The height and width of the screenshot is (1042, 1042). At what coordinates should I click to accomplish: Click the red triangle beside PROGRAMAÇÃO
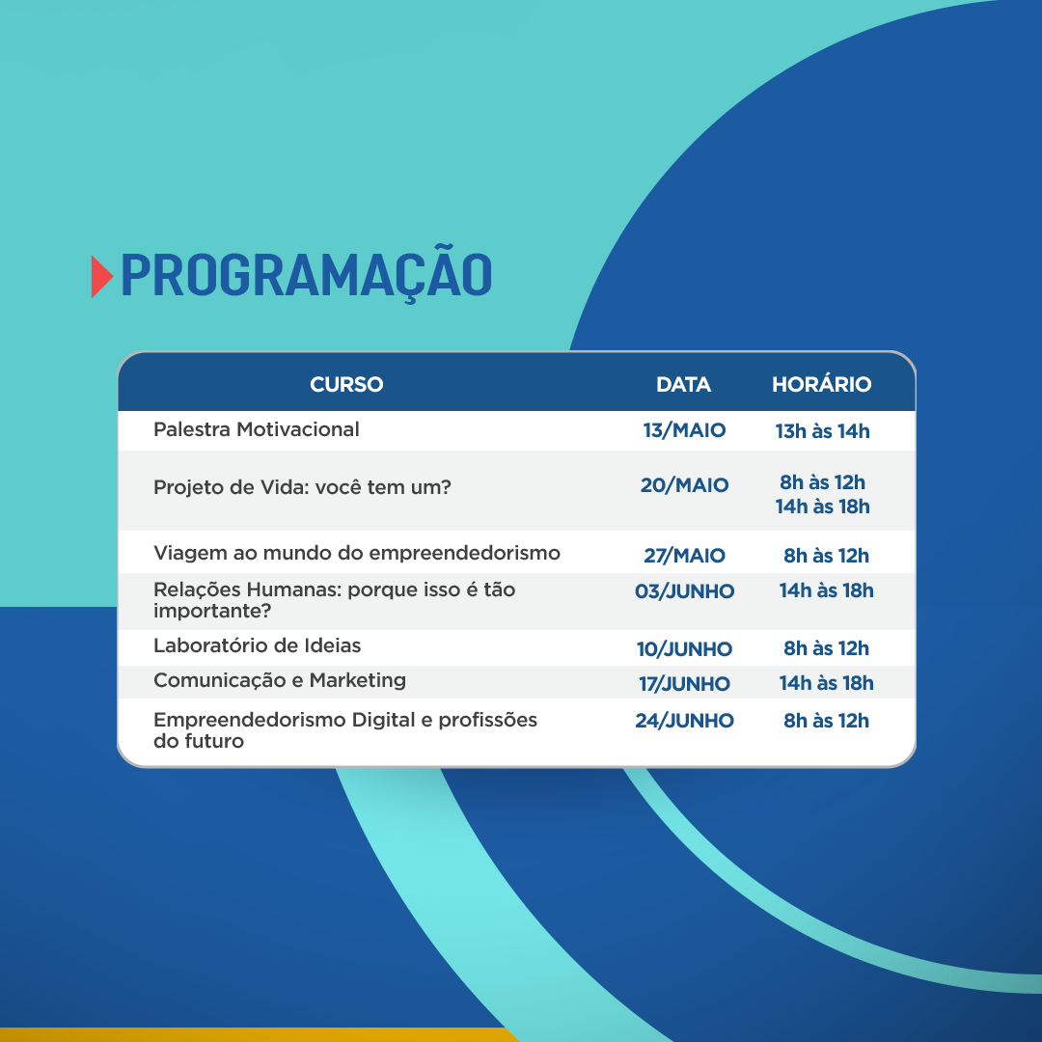(101, 277)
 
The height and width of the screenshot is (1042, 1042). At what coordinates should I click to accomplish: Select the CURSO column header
(346, 384)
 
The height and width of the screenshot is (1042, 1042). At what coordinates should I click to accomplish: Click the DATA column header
(683, 384)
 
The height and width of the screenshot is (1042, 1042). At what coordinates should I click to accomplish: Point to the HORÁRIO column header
(821, 383)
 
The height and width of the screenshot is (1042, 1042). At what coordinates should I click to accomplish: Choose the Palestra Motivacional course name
(256, 429)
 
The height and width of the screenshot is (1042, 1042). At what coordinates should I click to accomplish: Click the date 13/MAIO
(684, 430)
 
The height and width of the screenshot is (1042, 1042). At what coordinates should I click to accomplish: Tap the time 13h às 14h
(822, 430)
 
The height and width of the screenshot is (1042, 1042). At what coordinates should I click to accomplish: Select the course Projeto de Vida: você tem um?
(302, 487)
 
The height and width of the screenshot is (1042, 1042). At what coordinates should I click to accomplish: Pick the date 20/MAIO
(684, 485)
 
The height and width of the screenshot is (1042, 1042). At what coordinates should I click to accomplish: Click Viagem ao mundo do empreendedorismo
(356, 553)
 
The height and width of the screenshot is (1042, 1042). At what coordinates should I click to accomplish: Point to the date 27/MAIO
(684, 555)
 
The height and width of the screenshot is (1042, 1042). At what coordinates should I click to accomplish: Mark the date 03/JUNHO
(684, 590)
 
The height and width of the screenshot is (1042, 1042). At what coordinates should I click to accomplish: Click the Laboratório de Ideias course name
(257, 645)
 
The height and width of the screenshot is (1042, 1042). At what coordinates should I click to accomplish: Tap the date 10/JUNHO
(684, 648)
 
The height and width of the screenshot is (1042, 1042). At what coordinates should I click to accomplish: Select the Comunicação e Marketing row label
(279, 680)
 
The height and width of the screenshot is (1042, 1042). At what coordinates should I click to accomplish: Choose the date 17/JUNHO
(684, 684)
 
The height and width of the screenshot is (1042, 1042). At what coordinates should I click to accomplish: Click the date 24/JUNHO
(684, 721)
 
